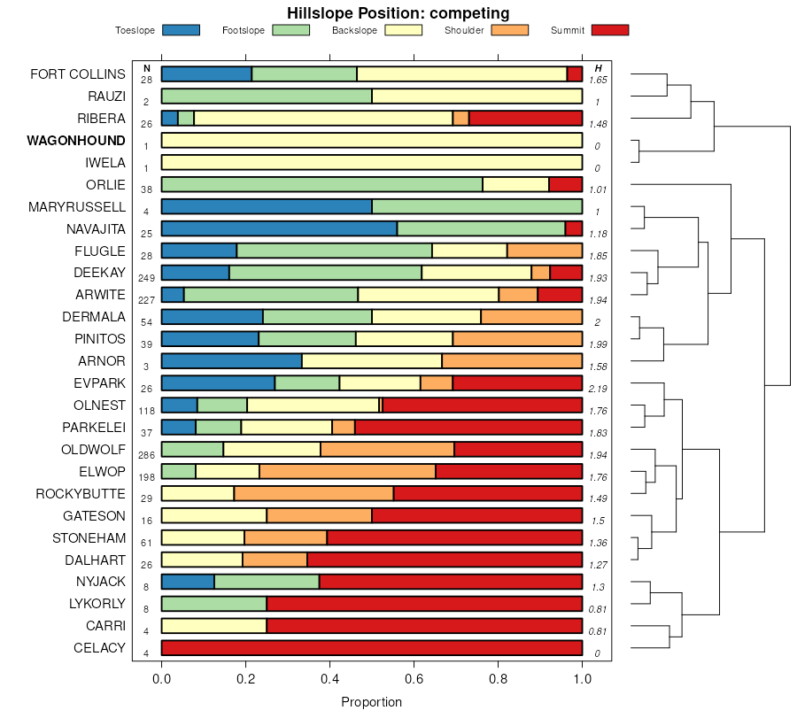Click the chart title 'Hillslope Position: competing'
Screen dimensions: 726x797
398,13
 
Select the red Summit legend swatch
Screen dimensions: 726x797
610,30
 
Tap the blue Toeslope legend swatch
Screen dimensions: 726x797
181,30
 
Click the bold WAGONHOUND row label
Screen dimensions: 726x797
76,141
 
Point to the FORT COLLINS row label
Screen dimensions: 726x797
78,74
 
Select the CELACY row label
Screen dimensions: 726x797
99,648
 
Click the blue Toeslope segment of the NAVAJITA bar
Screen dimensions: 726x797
279,228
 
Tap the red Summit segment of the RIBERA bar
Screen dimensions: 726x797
525,118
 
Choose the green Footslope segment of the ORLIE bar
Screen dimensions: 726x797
321,184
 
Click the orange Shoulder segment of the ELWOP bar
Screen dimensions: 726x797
347,471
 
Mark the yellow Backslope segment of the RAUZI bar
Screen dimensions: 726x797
476,96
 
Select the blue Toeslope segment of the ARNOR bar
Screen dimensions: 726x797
231,360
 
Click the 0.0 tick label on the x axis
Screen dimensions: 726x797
161,679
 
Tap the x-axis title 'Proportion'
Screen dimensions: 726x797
371,702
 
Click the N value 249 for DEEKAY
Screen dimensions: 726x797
146,278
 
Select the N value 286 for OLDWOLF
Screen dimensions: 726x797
146,455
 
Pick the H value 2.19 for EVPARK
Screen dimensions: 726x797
599,389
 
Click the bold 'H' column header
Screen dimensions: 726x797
599,68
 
